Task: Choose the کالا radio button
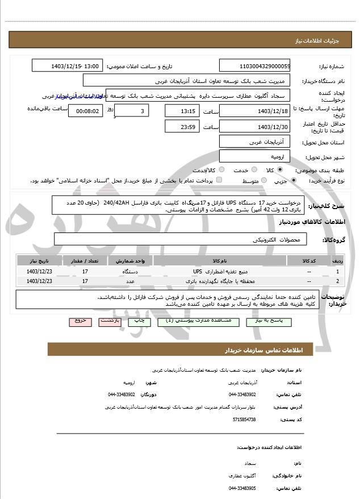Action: (280, 170)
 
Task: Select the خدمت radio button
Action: (254, 170)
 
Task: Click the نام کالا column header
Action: (220, 261)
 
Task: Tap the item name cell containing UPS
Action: (220, 271)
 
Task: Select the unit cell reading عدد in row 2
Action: (130, 281)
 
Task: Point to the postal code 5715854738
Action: (244, 419)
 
